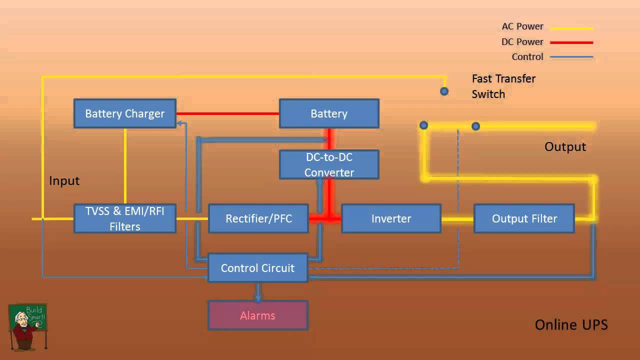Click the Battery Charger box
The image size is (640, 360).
[x=124, y=113]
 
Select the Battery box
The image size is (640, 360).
[x=329, y=113]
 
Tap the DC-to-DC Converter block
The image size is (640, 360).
[x=329, y=164]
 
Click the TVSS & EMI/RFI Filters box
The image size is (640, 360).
[x=124, y=218]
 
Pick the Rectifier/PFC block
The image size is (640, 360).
[x=258, y=218]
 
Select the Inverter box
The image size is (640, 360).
[x=391, y=218]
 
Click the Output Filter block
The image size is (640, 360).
[x=524, y=218]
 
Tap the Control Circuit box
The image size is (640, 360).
[x=257, y=268]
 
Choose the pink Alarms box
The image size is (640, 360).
[x=257, y=315]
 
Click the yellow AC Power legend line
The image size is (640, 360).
[x=571, y=28]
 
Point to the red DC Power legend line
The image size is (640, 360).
[x=571, y=43]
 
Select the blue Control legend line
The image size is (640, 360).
[x=571, y=57]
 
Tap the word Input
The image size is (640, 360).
[x=64, y=180]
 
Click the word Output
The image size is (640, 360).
[x=565, y=146]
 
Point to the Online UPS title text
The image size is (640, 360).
[x=571, y=324]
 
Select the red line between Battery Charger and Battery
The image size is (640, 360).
[x=227, y=113]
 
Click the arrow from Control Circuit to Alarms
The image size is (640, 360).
[x=258, y=292]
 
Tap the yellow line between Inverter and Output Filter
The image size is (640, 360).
[x=457, y=219]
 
